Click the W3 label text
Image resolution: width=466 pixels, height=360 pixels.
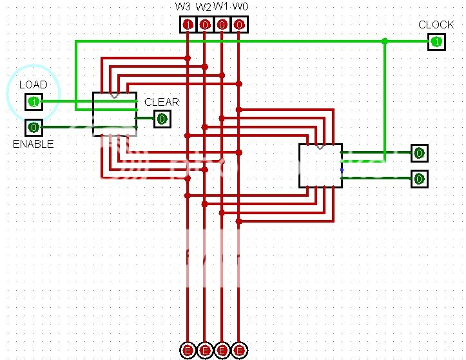coord(183,6)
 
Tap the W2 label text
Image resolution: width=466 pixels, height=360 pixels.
coord(203,6)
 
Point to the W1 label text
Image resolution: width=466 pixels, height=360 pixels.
coord(221,6)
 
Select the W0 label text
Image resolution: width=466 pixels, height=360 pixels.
coord(240,6)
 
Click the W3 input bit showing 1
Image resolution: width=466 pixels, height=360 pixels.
coord(188,25)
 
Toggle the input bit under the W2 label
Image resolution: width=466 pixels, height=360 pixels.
coord(204,25)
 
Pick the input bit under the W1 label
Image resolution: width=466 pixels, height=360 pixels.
coord(222,25)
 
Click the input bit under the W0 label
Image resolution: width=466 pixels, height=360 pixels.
coord(239,25)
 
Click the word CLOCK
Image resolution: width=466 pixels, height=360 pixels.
coord(436,25)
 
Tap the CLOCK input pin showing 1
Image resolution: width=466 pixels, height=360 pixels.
coord(436,42)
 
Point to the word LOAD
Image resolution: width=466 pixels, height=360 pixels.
coord(33,85)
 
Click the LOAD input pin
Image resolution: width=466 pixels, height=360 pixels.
coord(34,101)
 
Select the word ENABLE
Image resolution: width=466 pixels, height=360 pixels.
coord(33,144)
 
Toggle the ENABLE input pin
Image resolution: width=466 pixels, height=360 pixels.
coord(34,127)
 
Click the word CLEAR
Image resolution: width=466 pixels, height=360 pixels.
coord(161,102)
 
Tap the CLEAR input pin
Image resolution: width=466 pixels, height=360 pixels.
coord(162,119)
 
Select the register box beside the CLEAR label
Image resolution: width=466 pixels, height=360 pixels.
coord(115,114)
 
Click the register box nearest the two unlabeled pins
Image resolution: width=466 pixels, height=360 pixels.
coord(320,166)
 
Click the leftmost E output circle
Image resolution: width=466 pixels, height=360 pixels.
coord(188,350)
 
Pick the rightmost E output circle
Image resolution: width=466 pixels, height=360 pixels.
coord(239,350)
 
